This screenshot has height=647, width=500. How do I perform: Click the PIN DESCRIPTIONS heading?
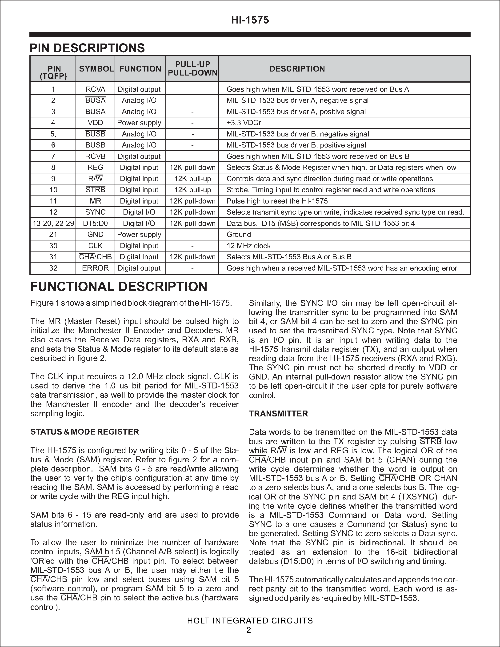[x=87, y=48]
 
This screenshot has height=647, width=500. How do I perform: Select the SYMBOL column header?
[x=96, y=69]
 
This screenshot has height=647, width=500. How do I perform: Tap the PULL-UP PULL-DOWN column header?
[x=192, y=68]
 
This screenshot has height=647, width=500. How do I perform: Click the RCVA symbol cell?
[x=95, y=89]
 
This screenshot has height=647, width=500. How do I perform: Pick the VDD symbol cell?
[x=95, y=123]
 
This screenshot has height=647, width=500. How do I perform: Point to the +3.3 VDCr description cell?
[x=244, y=123]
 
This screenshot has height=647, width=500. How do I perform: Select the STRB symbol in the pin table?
[x=95, y=190]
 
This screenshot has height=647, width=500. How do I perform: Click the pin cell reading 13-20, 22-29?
[x=53, y=223]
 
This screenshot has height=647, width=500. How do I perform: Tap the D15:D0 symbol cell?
[x=95, y=223]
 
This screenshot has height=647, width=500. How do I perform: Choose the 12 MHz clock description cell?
[x=248, y=246]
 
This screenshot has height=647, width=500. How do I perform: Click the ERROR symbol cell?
[x=95, y=268]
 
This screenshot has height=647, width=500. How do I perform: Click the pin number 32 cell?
[x=53, y=268]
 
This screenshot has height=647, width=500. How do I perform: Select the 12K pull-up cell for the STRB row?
[x=192, y=190]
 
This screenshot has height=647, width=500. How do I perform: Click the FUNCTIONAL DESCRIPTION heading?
[x=119, y=287]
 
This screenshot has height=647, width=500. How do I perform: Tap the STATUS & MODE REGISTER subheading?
[x=85, y=432]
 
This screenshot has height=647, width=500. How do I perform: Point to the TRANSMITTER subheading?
[x=278, y=414]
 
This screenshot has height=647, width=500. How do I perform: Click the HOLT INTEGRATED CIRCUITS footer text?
[x=250, y=621]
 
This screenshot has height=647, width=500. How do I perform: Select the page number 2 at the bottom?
[x=249, y=630]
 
